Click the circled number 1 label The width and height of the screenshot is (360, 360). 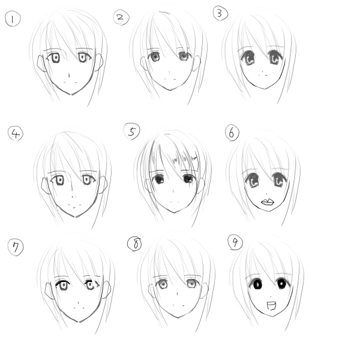[x=13, y=19]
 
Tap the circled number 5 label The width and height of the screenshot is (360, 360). [x=132, y=131]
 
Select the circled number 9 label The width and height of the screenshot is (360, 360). [x=235, y=242]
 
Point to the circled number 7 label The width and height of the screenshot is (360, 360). [x=16, y=247]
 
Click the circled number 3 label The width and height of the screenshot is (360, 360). [x=220, y=13]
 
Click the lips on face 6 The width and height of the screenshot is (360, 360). [x=268, y=202]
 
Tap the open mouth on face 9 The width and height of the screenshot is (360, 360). [x=271, y=306]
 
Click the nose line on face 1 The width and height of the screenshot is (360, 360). [x=69, y=76]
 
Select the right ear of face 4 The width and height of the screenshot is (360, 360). [x=103, y=185]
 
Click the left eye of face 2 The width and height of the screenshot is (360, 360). [x=155, y=56]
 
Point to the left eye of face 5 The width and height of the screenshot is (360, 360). [x=159, y=179]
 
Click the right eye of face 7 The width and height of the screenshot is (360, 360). [x=91, y=284]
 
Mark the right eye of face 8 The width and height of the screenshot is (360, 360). [x=191, y=284]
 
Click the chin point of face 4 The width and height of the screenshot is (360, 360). [x=76, y=217]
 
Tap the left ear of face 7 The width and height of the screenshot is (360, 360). [x=49, y=290]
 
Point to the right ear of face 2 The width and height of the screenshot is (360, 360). [x=197, y=63]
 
